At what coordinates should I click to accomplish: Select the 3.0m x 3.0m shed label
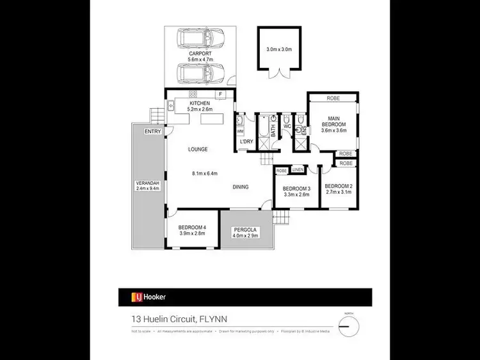(x=278, y=49)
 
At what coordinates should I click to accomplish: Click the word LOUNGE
(x=198, y=149)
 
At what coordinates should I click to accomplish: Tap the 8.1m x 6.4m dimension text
(x=205, y=173)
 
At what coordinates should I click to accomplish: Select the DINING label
(x=240, y=187)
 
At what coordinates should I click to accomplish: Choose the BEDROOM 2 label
(x=339, y=187)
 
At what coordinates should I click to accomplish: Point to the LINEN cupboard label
(x=298, y=169)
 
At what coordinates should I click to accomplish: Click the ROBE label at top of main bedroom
(x=333, y=98)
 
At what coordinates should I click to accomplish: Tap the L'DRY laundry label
(x=246, y=141)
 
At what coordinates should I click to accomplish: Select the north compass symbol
(x=349, y=327)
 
